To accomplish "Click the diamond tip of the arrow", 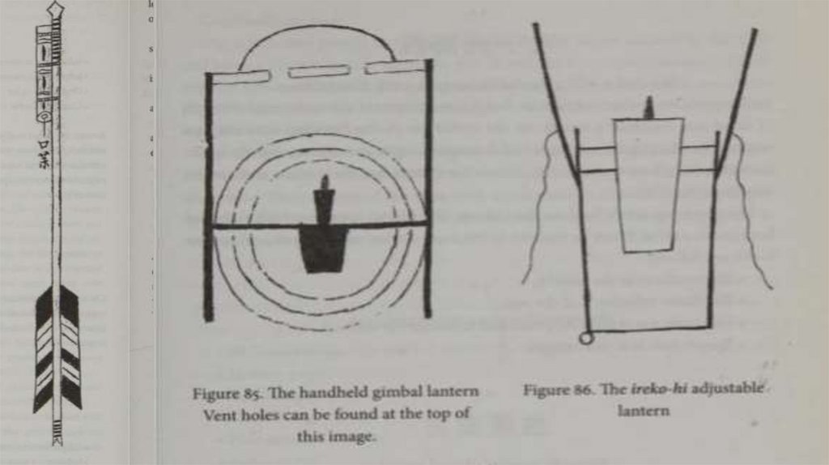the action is pos(55,11).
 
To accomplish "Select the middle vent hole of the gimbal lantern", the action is pos(319,71).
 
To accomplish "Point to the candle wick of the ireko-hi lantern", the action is pos(648,107).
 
